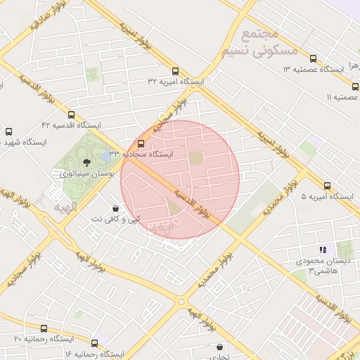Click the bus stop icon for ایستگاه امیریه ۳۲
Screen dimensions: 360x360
[x=175, y=71]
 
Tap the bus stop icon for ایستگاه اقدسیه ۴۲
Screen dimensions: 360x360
[x=71, y=115]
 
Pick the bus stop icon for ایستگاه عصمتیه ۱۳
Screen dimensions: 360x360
[x=313, y=58]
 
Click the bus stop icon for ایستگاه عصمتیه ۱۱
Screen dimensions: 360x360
[x=355, y=86]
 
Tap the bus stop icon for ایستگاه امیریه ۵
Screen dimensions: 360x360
[x=327, y=186]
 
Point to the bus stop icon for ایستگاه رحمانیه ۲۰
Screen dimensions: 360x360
[x=44, y=328]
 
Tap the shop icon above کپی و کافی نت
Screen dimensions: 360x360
[x=115, y=208]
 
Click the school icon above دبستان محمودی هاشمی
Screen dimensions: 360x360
[x=323, y=249]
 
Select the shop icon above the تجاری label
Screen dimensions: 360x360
[x=221, y=347]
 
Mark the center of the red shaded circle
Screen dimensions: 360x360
[x=180, y=179]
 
